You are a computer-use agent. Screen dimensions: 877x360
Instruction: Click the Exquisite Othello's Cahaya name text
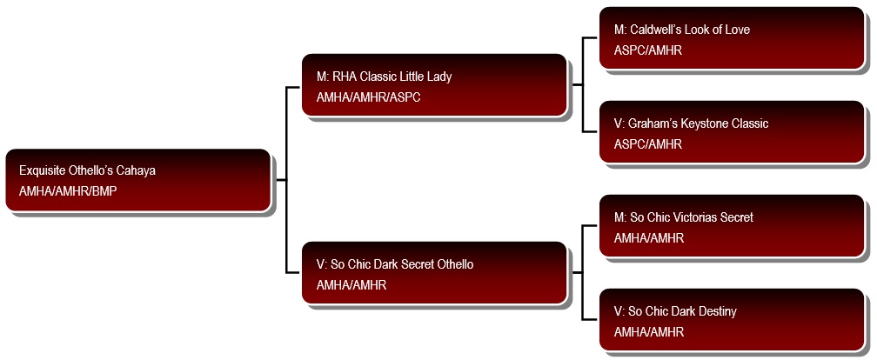pos(87,170)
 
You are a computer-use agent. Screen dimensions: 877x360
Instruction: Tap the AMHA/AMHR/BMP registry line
pos(68,191)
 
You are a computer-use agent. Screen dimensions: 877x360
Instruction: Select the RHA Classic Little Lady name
pos(385,76)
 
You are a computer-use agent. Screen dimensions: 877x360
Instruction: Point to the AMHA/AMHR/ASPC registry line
pos(369,97)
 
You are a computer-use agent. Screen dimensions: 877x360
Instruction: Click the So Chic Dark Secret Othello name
pos(395,263)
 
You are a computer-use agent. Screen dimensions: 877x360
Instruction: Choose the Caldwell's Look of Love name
pos(682,29)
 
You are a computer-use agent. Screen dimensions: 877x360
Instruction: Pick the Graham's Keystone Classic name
pos(692,123)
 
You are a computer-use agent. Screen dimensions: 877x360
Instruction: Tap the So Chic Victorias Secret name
pos(684,217)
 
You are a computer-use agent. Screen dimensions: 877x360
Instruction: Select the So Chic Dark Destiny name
pos(676,310)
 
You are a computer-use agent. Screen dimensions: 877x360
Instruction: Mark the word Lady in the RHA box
pos(439,77)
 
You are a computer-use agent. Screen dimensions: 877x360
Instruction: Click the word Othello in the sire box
pos(453,263)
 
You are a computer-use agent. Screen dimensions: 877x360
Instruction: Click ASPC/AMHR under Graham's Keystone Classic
pos(648,144)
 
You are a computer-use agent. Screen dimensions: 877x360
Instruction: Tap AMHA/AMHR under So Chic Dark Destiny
pos(649,332)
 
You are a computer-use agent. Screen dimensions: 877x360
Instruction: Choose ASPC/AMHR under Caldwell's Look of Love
pos(648,50)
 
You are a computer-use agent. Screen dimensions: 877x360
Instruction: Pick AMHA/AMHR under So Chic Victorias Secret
pos(649,238)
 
